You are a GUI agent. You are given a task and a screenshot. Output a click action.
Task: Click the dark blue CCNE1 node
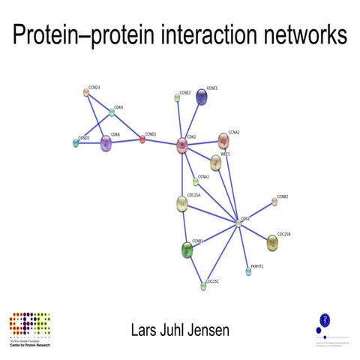(202, 98)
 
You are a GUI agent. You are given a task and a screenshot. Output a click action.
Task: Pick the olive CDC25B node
(273, 242)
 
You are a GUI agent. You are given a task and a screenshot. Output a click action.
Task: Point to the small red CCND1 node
(142, 139)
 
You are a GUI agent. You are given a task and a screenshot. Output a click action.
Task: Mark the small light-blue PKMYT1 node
(248, 271)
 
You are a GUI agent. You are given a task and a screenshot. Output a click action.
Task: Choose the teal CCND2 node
(76, 143)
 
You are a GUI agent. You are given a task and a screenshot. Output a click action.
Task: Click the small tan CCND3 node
(86, 93)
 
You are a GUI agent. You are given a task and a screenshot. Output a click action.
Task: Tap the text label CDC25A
(193, 195)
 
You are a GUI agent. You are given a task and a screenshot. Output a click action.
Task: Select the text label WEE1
(225, 154)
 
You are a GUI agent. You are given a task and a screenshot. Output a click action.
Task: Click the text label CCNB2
(283, 196)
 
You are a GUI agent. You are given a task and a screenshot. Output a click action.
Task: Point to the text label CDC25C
(212, 280)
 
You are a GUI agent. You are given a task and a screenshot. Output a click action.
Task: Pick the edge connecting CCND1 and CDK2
(161, 142)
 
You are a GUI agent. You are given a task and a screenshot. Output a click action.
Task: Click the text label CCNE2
(185, 91)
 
